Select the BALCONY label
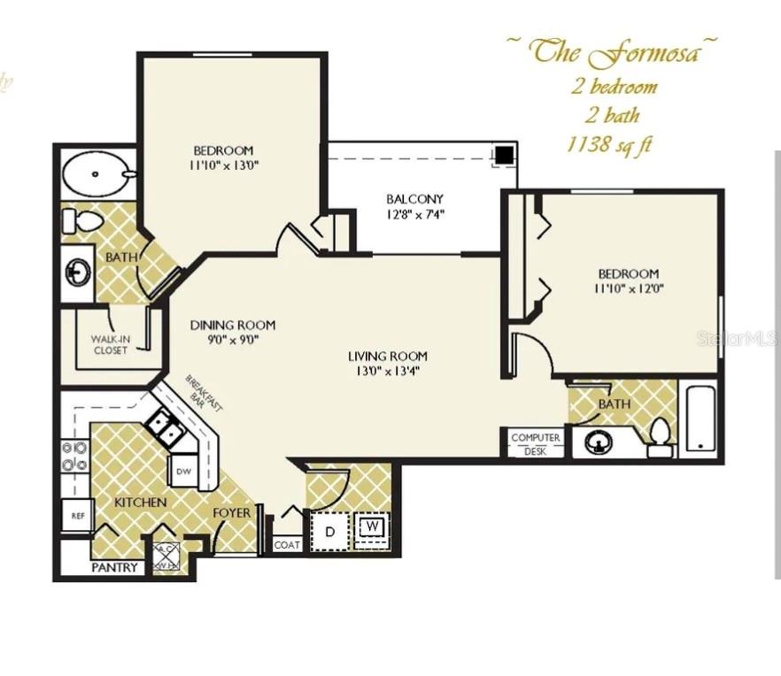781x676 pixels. [414, 199]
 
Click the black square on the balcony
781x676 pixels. [504, 155]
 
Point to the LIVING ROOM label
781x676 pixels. [383, 357]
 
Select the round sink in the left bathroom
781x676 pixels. [78, 272]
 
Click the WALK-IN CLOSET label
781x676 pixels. [110, 344]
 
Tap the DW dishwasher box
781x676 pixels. [183, 471]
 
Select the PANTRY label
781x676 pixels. [115, 567]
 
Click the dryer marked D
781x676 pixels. [329, 532]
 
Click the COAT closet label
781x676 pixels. [286, 545]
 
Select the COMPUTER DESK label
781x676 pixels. [536, 444]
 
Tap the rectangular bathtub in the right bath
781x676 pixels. [700, 418]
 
